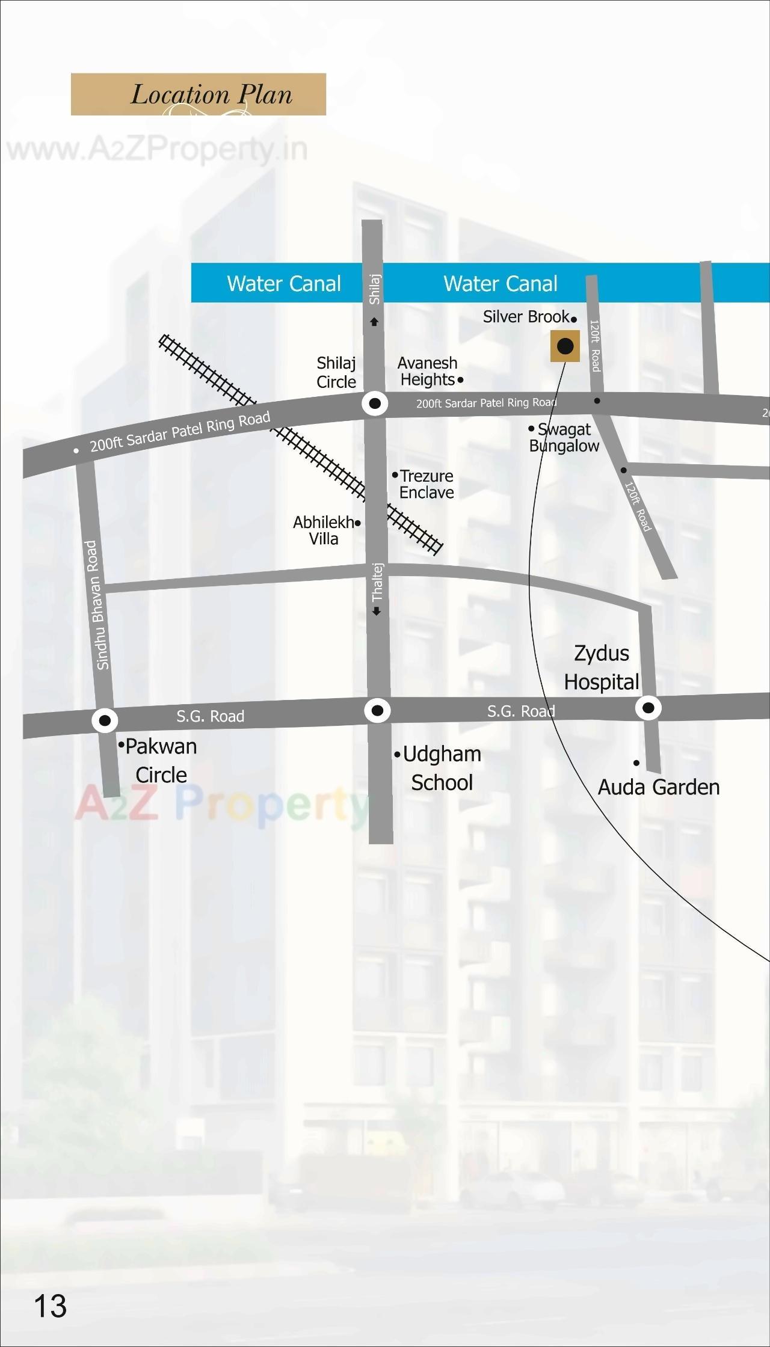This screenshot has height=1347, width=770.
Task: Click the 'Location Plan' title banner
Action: [x=199, y=94]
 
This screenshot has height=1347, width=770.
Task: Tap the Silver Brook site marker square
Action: [x=565, y=346]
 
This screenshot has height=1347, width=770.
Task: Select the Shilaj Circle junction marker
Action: [x=375, y=403]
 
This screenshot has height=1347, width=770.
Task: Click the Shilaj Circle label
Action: [x=336, y=372]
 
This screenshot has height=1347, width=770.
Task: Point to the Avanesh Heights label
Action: [x=428, y=372]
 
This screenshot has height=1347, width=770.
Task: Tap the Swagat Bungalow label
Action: [x=564, y=437]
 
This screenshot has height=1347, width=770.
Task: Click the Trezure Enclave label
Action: [x=427, y=484]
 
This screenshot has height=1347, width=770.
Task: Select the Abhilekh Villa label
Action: [x=324, y=530]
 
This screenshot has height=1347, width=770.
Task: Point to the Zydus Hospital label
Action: [x=602, y=667]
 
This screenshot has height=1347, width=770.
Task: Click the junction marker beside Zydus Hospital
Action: [x=648, y=708]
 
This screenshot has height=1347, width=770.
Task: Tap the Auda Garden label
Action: [x=659, y=787]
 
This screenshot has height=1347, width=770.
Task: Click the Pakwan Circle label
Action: [x=161, y=760]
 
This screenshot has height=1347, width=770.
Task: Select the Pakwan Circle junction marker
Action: [x=105, y=720]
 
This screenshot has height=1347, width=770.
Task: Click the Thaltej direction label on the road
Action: [x=377, y=582]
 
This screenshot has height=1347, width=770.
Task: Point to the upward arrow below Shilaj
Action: [x=374, y=322]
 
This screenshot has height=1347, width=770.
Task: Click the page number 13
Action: [x=51, y=1306]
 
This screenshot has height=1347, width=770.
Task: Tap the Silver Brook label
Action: [x=526, y=317]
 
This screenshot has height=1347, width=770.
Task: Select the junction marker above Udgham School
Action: [x=378, y=711]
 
